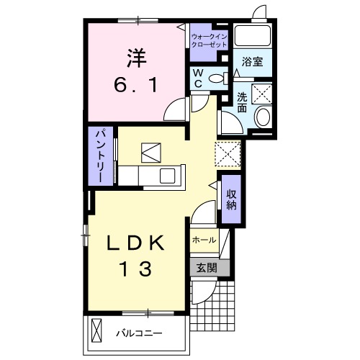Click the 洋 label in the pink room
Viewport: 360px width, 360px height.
[x=137, y=58]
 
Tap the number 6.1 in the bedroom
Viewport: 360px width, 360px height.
[x=136, y=85]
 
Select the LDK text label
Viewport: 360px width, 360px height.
[x=135, y=243]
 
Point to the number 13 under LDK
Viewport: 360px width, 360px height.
[x=135, y=269]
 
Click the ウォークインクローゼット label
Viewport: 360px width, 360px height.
[x=210, y=41]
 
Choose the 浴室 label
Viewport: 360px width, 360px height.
[x=252, y=62]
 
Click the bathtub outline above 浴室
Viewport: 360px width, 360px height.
[x=253, y=36]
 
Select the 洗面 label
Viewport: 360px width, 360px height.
[x=242, y=102]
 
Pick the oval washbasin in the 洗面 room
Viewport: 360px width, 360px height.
[x=264, y=117]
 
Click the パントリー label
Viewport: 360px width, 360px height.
[x=101, y=156]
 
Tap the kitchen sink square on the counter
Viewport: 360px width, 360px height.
[x=168, y=176]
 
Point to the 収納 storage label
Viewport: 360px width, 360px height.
[x=232, y=199]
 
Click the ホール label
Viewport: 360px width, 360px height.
[x=204, y=240]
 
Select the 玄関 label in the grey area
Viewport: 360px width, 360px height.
[x=207, y=268]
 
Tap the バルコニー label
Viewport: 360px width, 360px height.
[x=139, y=333]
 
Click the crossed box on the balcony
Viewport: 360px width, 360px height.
[x=97, y=330]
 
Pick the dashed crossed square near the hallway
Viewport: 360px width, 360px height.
[x=228, y=154]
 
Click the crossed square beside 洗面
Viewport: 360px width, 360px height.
[x=261, y=94]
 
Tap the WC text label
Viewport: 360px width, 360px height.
[x=198, y=78]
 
